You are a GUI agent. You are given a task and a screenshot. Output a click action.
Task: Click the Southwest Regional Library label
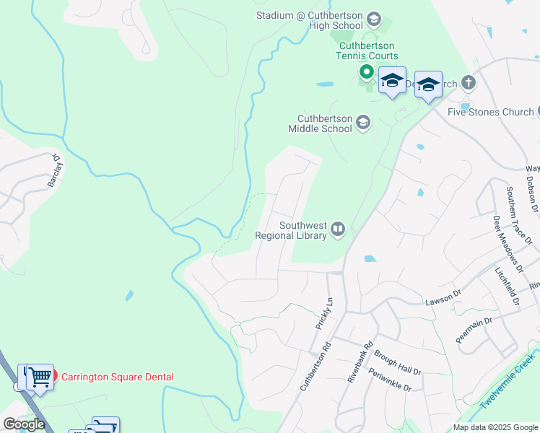coord(292,229)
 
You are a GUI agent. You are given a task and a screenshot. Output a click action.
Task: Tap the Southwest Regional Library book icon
coord(338,230)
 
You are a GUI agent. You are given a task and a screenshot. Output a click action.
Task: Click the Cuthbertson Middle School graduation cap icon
coord(362,123)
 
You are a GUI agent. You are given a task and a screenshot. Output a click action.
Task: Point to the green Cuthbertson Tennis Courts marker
coord(366,72)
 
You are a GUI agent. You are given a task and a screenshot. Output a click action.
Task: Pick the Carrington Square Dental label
coord(117,377)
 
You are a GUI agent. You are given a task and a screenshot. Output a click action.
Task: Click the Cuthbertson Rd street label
coord(315,367)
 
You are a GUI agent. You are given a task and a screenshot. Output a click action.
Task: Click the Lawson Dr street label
coord(443,296)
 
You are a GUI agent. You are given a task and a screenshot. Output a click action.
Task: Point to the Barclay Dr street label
coord(54,170)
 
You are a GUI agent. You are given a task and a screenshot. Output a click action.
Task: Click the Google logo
coord(23,424)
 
